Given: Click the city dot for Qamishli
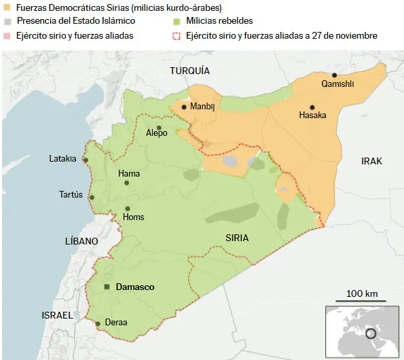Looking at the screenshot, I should point(334,75).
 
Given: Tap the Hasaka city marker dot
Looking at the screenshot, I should point(312,107).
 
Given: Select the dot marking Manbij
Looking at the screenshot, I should point(184,106).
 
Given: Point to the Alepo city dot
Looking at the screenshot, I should point(159,127).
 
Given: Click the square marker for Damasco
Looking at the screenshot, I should point(107,287).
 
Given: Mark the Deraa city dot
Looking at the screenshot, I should point(98,323).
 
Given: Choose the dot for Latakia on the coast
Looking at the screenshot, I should point(86,160).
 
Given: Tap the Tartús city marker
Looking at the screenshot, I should point(92,198).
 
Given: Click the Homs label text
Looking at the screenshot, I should point(133,217).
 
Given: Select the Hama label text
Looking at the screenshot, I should point(129,174).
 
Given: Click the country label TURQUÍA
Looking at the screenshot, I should point(189,71).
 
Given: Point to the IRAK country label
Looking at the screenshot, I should point(371,161).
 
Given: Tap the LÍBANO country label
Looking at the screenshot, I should point(81,241).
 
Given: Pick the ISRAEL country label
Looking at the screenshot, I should point(57,316).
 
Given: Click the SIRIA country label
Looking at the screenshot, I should point(237,238).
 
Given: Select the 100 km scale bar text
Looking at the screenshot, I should point(362,293).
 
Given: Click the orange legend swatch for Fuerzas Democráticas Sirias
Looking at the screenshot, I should point(7,7).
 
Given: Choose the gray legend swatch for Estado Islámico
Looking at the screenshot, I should point(7,21).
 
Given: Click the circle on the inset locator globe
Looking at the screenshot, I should point(370,334).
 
